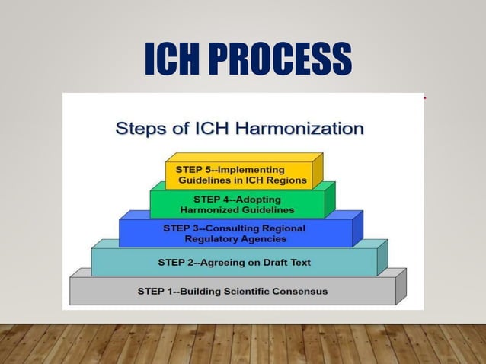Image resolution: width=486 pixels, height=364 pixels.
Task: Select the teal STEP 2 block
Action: tap(234, 263)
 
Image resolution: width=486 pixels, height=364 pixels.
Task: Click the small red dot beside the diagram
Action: tap(424, 98)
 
